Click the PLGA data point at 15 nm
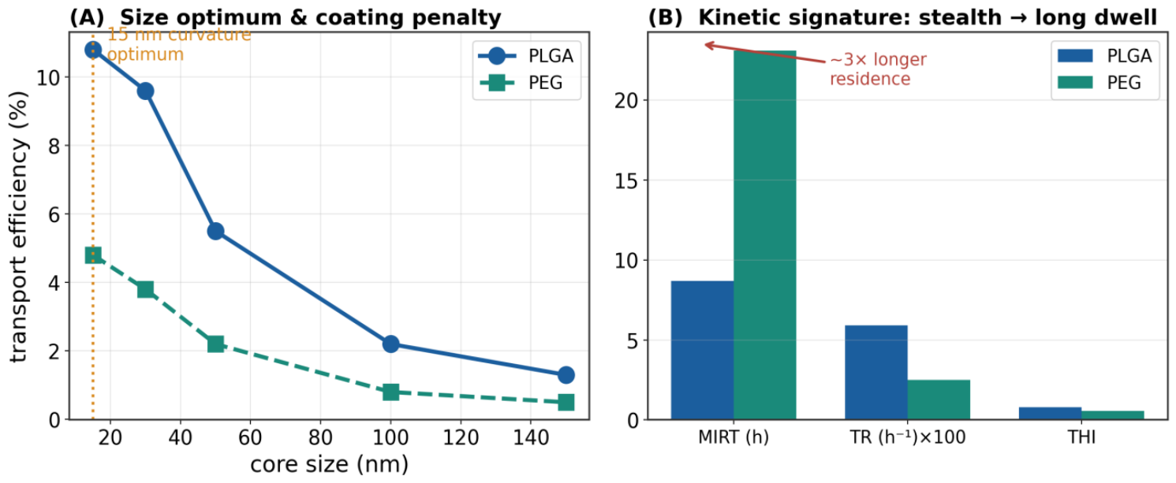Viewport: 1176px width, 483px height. click(93, 50)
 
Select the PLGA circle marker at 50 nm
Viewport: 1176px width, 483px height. click(216, 232)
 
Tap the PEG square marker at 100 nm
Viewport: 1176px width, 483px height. click(390, 392)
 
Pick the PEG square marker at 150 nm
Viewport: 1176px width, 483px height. click(566, 403)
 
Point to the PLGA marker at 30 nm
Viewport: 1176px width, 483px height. click(145, 91)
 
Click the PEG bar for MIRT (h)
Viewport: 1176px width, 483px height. click(765, 235)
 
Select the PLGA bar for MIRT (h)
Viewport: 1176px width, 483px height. click(703, 351)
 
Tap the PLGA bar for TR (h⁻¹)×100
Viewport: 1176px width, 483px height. click(876, 373)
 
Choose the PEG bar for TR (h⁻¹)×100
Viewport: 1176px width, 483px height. click(939, 399)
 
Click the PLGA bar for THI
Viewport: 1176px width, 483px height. click(1050, 413)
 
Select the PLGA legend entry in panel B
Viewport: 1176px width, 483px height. click(1105, 56)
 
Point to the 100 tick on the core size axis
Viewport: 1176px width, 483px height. click(390, 437)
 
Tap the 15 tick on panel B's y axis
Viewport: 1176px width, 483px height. click(626, 181)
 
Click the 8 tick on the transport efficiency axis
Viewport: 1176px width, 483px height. click(54, 146)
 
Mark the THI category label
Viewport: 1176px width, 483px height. click(1081, 437)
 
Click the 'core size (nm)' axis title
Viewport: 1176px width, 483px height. click(329, 464)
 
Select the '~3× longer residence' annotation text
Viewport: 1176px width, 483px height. click(878, 69)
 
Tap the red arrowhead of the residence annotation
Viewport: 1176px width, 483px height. click(709, 46)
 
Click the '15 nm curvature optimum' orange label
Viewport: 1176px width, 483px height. click(179, 44)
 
